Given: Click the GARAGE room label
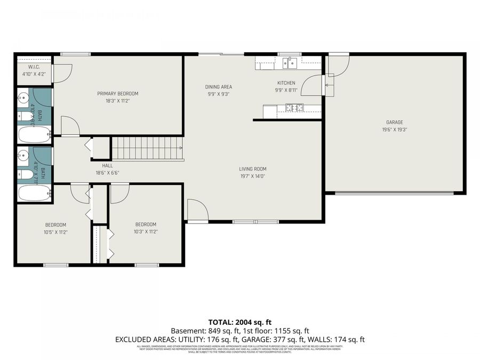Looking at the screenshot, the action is click(394, 122).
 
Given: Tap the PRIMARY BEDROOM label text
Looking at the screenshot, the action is click(117, 93).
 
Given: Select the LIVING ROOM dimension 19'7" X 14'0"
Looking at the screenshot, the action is click(252, 176).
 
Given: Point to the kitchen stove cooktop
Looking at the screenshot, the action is click(294, 108).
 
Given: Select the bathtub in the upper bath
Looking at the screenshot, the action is click(34, 134).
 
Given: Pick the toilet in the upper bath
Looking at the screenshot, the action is click(24, 116).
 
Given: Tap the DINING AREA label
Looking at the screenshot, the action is click(219, 86).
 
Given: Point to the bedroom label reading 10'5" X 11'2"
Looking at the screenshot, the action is click(55, 232).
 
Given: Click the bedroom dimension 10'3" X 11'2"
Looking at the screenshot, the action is click(146, 232).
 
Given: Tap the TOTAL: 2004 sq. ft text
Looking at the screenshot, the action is click(239, 322).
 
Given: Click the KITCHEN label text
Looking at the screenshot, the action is click(286, 83).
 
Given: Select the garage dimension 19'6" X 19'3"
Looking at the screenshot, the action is click(394, 130).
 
